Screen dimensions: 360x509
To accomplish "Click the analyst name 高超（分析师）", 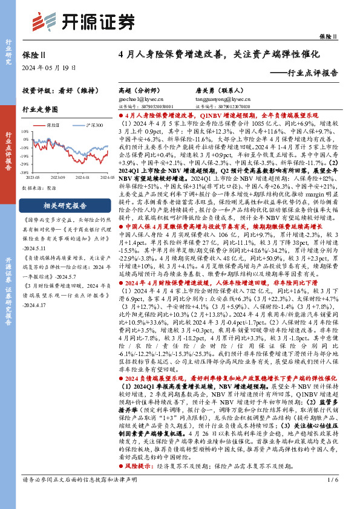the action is pyautogui.click(x=137, y=89).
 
